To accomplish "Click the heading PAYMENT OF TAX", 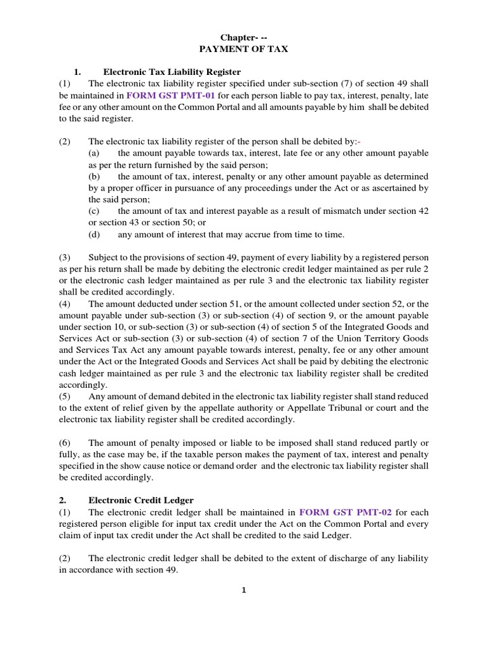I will [x=245, y=49].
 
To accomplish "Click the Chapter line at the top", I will [x=245, y=37].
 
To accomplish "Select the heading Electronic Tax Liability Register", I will [x=172, y=72].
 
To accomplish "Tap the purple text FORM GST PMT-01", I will [x=170, y=95].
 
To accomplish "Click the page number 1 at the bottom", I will [x=243, y=590].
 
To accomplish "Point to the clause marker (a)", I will [x=94, y=153].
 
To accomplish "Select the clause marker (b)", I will [x=94, y=176].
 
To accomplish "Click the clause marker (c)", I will [x=94, y=211].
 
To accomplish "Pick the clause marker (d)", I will [x=94, y=234].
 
